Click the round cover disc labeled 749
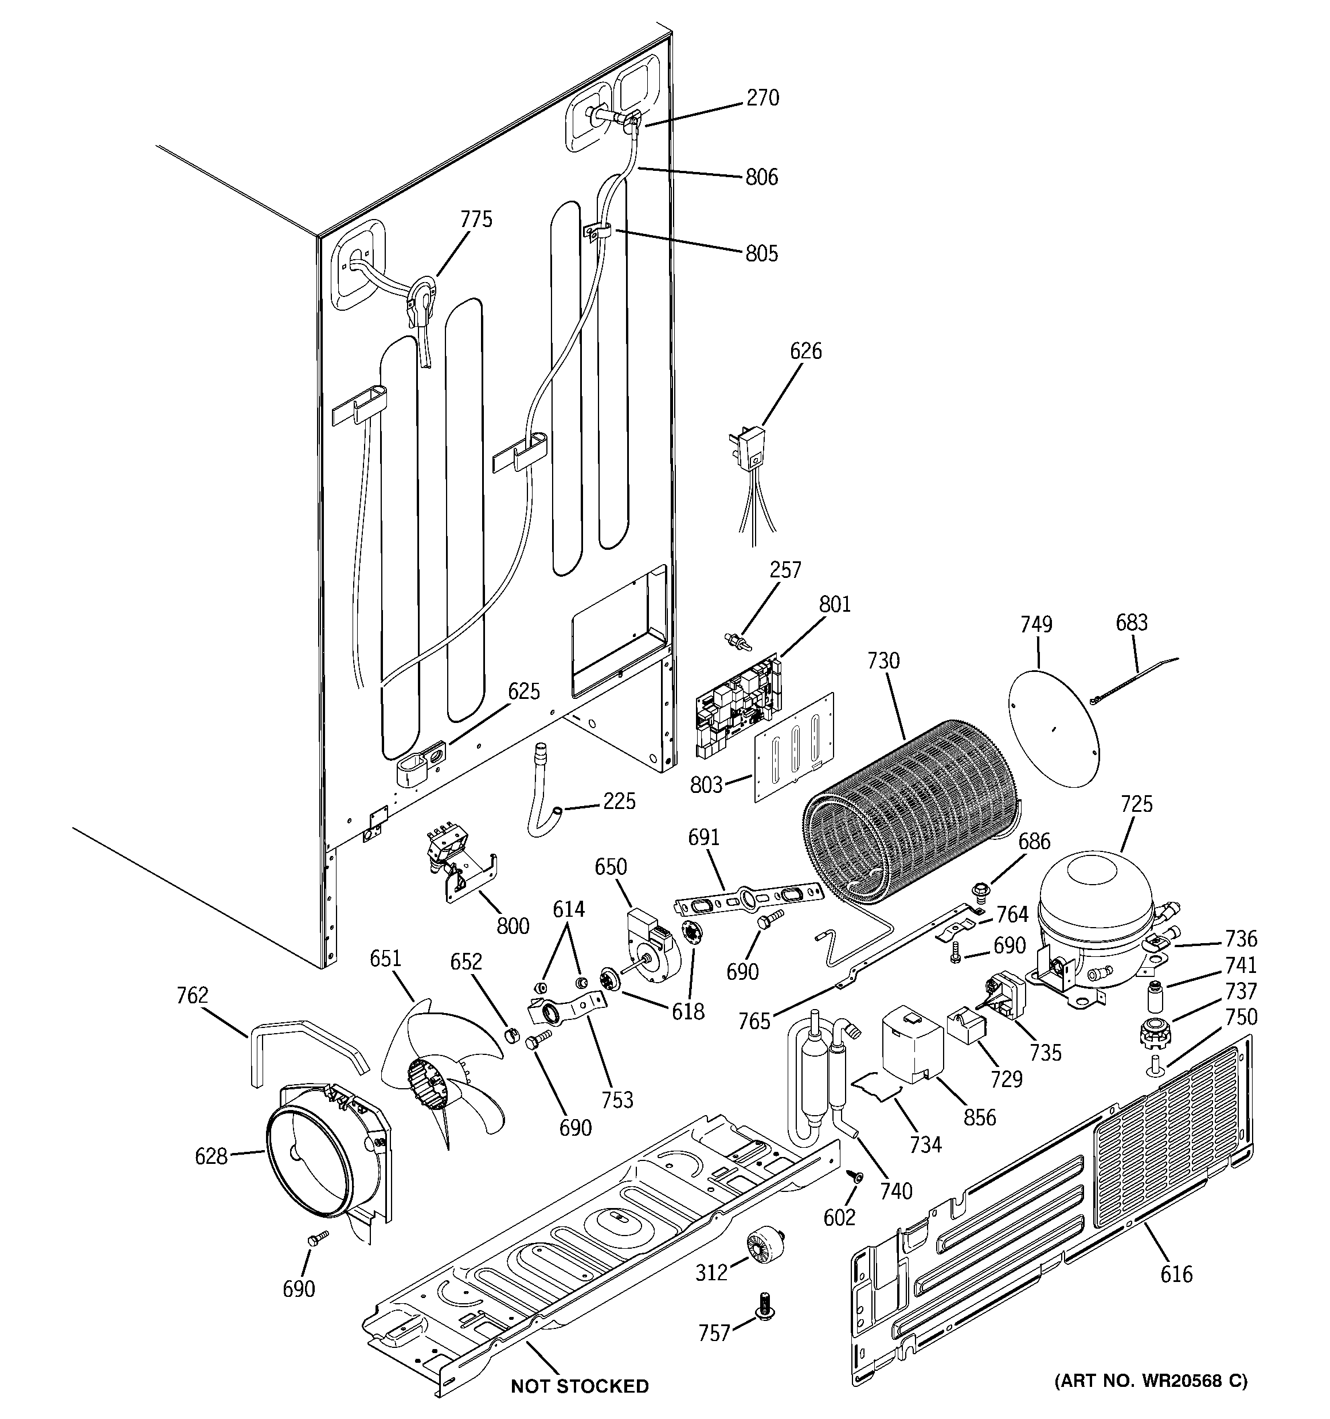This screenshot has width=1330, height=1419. tap(1053, 721)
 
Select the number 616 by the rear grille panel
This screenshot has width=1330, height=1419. tap(1176, 1273)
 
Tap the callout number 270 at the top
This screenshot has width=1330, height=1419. tap(762, 98)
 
